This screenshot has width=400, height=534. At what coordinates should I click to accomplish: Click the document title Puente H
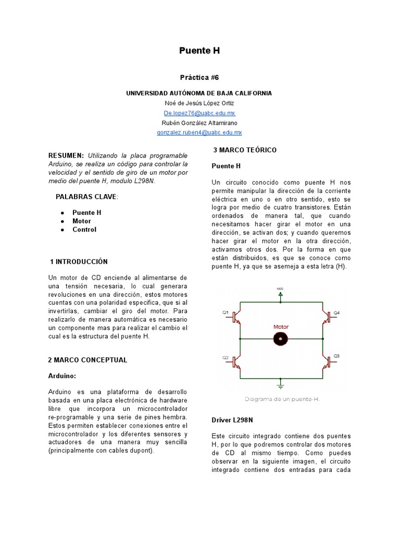point(199,51)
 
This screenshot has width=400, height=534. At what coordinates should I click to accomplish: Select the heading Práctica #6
point(199,77)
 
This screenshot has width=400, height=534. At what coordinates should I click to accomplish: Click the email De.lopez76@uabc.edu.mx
point(199,113)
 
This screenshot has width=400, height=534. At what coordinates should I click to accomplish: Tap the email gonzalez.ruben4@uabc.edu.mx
point(199,133)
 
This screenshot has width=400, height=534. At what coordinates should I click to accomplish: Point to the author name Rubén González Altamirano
point(199,123)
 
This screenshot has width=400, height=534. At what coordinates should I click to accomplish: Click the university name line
point(199,93)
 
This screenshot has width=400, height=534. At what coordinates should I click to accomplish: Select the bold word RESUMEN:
point(66,156)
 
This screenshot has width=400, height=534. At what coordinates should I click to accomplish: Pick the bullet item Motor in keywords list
point(82,221)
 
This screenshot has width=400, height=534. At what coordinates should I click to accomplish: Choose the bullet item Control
point(84,229)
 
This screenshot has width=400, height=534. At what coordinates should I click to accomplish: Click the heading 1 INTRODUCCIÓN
point(79,261)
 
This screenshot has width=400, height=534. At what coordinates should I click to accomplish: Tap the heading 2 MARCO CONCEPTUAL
point(87,360)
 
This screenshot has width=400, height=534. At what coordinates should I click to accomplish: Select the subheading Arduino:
point(62,375)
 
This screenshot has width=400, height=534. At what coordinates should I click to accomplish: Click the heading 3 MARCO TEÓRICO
point(245,150)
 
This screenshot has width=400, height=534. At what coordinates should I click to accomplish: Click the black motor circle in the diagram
point(281,339)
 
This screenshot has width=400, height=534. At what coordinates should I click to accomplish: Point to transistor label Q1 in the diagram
point(226,312)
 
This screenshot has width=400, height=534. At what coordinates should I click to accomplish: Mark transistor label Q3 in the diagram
point(336,356)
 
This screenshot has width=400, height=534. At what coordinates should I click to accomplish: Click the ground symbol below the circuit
point(281,385)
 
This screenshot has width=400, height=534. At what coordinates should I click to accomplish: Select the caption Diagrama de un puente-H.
point(281,399)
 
